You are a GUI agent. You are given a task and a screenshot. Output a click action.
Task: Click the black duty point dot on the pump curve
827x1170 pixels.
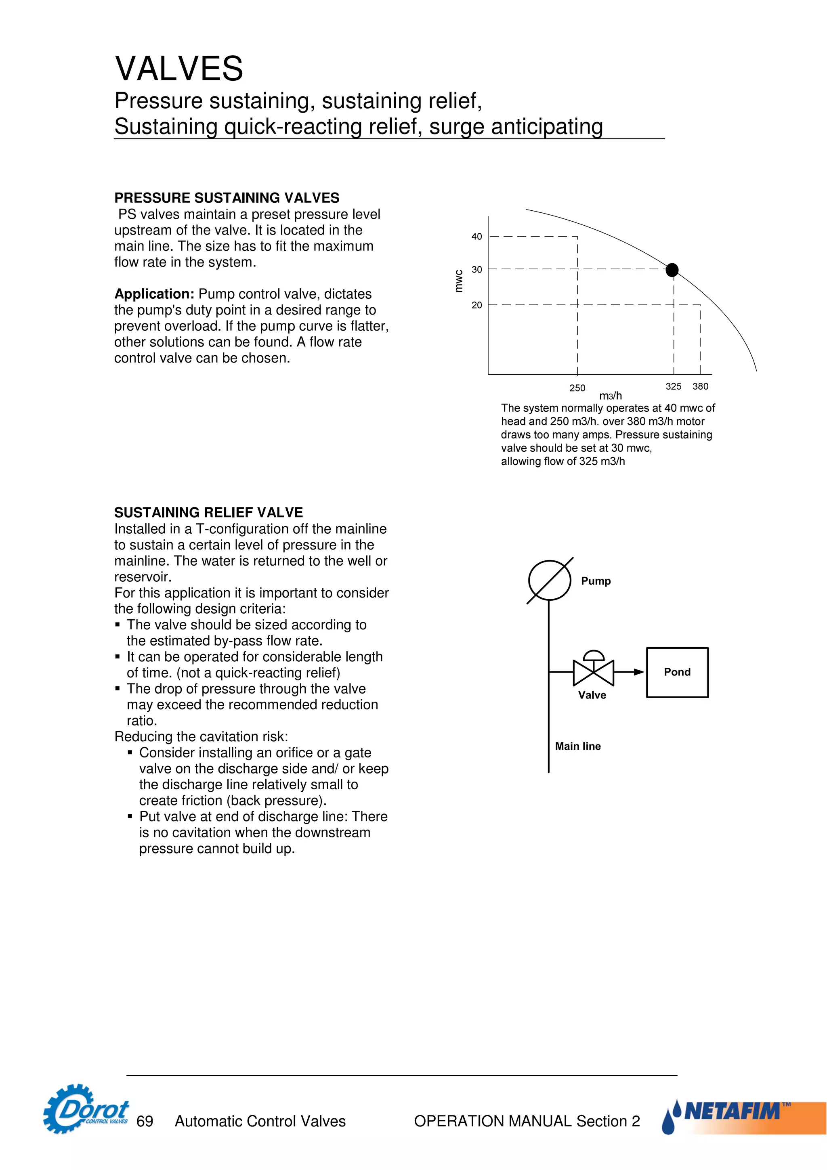672,270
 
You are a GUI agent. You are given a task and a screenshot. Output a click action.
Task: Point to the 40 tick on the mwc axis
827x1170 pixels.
476,237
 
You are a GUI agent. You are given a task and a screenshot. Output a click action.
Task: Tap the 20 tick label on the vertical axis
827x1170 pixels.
476,305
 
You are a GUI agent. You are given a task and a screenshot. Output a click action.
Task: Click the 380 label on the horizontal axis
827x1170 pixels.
700,386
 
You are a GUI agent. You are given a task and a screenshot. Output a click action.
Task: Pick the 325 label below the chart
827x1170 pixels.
673,386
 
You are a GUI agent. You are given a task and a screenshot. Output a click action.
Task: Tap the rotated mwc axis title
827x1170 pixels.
459,281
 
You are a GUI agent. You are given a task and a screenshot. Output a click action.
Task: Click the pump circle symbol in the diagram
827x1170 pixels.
549,581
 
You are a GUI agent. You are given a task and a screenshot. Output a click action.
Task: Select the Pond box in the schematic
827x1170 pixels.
677,672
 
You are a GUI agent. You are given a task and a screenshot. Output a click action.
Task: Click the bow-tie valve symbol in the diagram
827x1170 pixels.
594,672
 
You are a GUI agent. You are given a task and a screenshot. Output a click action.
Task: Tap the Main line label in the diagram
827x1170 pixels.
578,746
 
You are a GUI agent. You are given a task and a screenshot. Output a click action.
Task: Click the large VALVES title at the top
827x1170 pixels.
179,69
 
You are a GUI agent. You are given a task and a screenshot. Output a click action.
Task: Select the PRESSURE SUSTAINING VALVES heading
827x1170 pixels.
227,198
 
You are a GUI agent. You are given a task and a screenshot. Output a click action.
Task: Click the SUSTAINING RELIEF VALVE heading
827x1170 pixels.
208,512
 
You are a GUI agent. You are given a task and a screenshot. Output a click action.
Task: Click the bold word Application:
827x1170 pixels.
154,294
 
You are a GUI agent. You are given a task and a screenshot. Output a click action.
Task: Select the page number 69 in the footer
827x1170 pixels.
145,1121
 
